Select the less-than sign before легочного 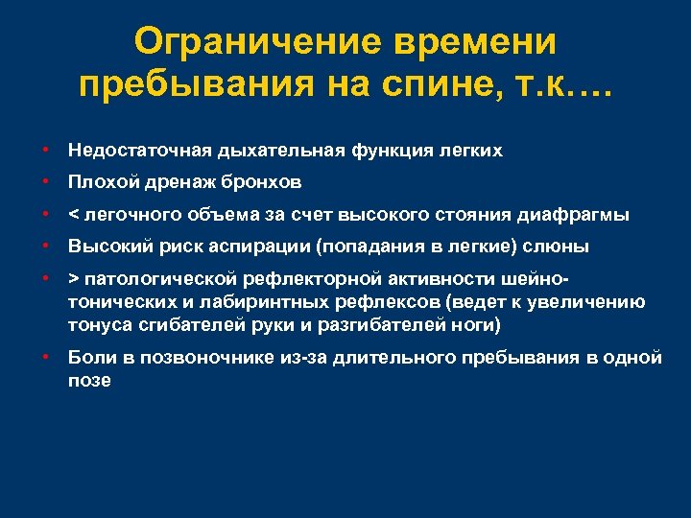pyautogui.click(x=73, y=215)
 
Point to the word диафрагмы pyautogui.click(x=585, y=215)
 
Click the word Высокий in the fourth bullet pyautogui.click(x=105, y=247)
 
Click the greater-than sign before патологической pyautogui.click(x=73, y=279)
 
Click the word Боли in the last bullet pyautogui.click(x=89, y=358)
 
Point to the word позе pyautogui.click(x=89, y=380)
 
